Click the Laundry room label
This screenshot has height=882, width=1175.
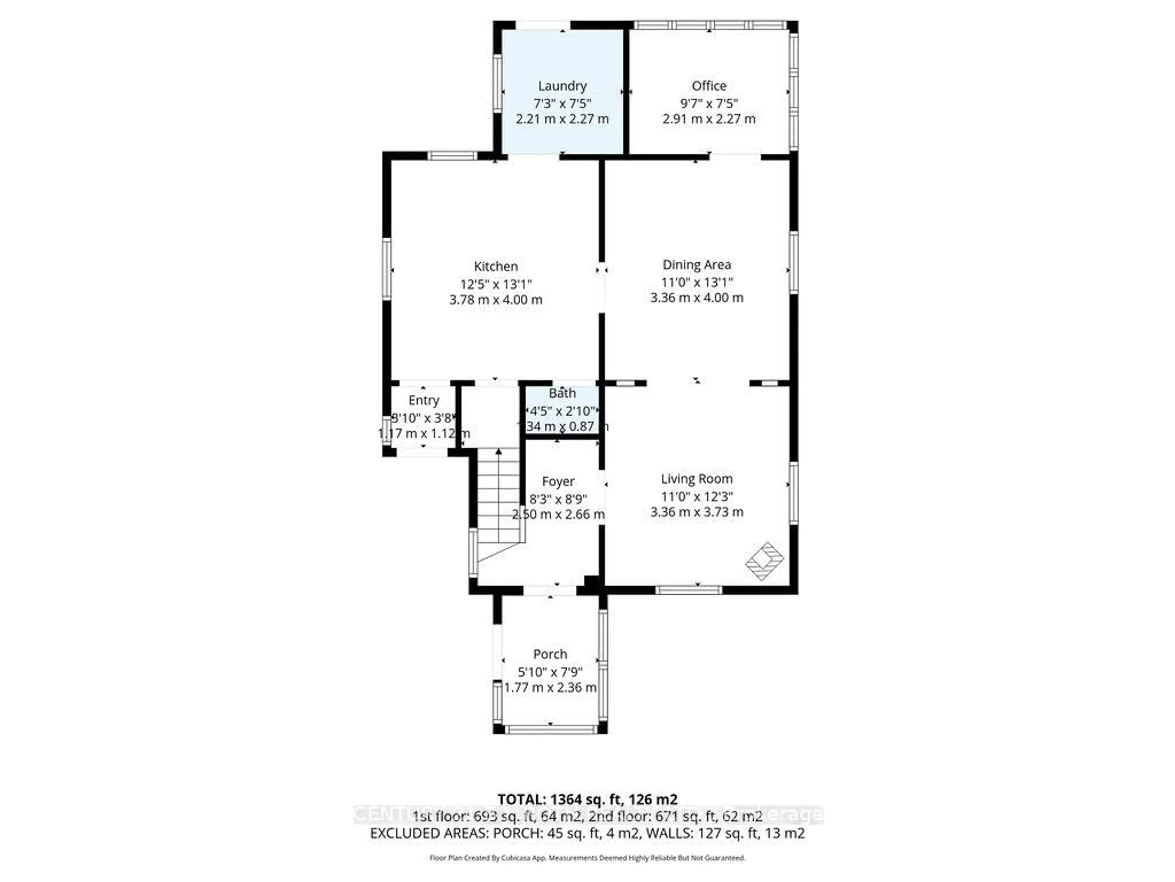click(562, 85)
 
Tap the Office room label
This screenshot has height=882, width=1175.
click(709, 85)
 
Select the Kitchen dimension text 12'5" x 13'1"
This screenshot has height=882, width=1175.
click(496, 284)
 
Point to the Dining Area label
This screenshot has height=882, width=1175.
click(696, 265)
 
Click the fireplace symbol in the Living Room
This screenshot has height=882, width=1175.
click(764, 561)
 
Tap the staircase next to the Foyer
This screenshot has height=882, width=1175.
click(498, 500)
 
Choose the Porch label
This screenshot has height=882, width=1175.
click(550, 654)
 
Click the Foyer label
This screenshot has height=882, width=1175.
click(558, 481)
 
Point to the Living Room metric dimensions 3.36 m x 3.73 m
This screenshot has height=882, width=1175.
click(696, 512)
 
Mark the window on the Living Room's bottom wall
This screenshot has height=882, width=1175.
click(688, 590)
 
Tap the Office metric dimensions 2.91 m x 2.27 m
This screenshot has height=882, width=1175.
click(709, 119)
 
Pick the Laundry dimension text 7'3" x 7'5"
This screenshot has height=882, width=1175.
click(562, 103)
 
